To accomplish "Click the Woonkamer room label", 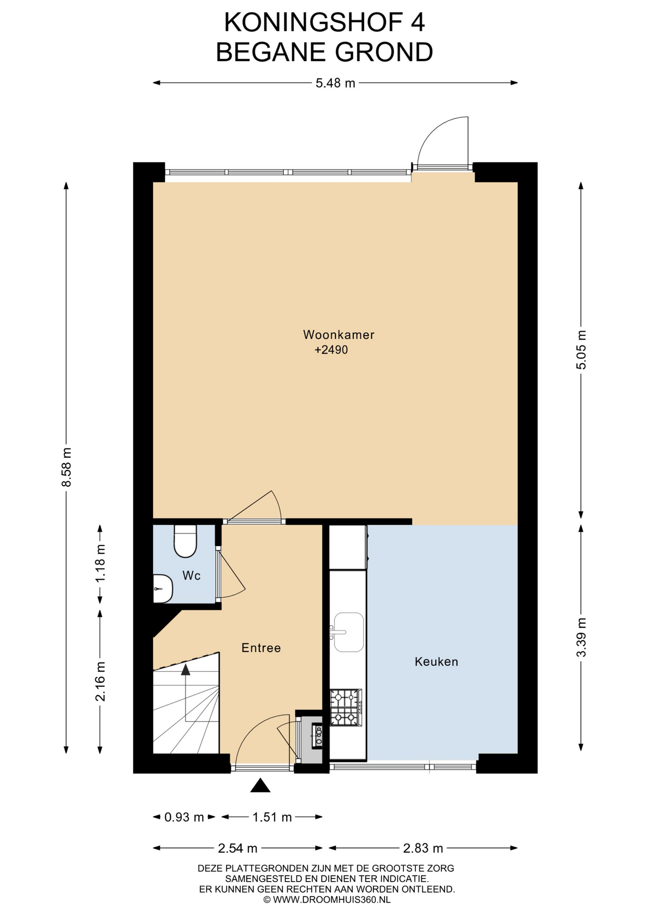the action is tap(339, 335).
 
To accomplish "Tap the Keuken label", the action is tap(436, 661).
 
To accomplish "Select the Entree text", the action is tap(261, 648).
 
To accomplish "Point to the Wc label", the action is tap(192, 576).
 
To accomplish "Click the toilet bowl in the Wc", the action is tap(185, 541).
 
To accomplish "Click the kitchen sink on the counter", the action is tap(348, 632).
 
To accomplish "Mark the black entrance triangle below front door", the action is tap(260, 785).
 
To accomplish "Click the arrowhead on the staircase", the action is tap(186, 670).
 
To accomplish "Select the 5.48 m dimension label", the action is tap(335, 83).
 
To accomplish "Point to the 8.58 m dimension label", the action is tap(66, 467).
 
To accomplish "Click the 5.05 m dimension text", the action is tap(581, 350).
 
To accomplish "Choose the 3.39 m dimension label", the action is tap(581, 637).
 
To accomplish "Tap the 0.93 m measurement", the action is tap(184, 817).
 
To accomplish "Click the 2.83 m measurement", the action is tap(423, 848).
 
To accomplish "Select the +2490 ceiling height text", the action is tap(331, 350).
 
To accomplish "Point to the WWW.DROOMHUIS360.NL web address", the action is tap(326, 900).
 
